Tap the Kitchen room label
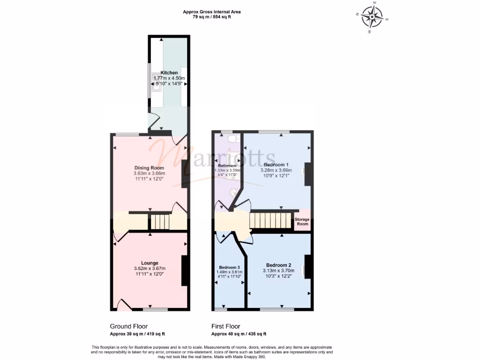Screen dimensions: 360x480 tap(169, 73)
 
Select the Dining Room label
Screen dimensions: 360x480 tap(149, 168)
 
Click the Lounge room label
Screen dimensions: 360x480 tap(150, 263)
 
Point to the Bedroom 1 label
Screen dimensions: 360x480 tap(276, 165)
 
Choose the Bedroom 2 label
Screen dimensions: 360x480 tap(279, 265)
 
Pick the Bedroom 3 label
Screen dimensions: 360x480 tap(229, 267)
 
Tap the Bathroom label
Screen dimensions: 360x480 tap(227, 165)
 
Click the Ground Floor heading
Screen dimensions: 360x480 tap(129, 326)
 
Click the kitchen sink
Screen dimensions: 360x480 tap(157, 85)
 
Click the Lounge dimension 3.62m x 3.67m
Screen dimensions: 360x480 tap(150, 269)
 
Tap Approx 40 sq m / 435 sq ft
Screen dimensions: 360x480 tap(239, 334)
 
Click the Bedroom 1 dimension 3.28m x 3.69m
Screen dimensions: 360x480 tap(276, 170)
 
